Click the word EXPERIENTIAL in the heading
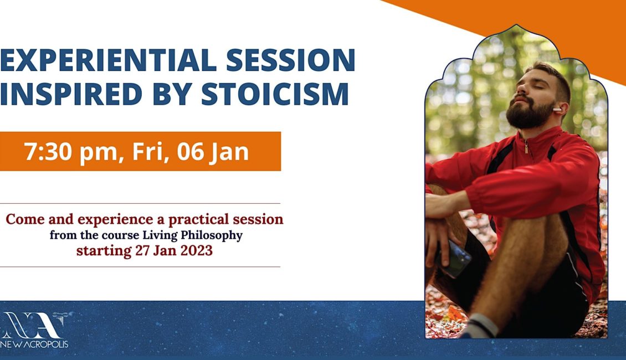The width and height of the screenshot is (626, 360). (x=108, y=60)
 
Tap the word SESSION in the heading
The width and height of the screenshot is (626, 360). (x=291, y=60)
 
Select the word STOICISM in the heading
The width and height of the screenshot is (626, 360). (x=275, y=94)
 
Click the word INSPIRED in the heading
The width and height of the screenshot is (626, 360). (x=71, y=94)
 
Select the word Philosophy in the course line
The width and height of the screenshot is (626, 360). (x=211, y=235)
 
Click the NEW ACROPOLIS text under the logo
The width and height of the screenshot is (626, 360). (x=34, y=344)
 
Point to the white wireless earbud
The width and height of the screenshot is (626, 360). (x=557, y=109)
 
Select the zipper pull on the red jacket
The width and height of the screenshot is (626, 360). (x=527, y=148)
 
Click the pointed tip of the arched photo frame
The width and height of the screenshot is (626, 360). (x=516, y=25)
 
